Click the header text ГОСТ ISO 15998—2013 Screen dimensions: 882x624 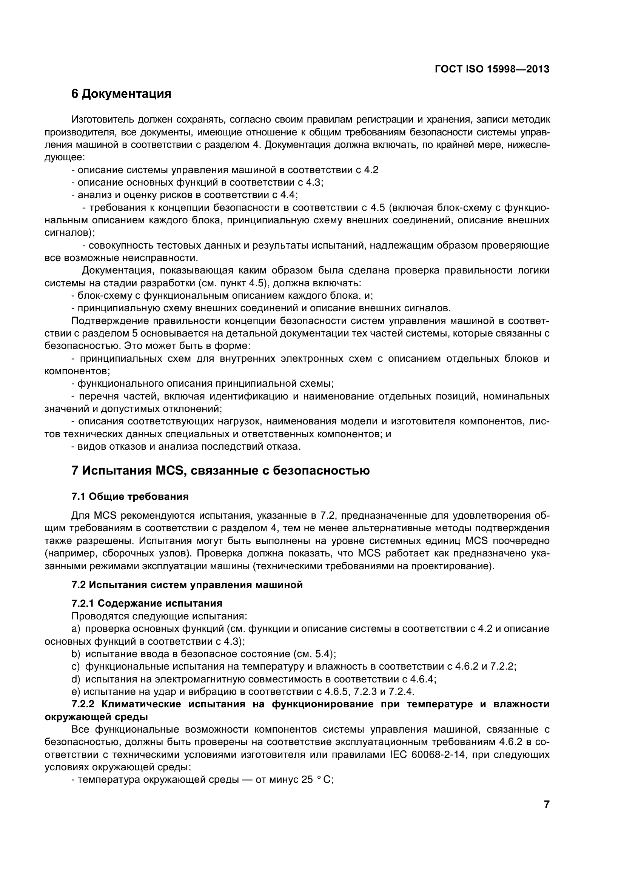coord(492,69)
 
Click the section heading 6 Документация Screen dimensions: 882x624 coord(121,94)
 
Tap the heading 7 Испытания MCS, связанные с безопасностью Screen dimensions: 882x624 coord(220,470)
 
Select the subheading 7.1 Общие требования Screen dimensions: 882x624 coord(130,497)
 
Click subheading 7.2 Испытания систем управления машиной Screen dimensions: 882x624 coord(187,585)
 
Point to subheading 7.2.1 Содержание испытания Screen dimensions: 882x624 coord(147,603)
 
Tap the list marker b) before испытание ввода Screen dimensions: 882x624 coord(76,654)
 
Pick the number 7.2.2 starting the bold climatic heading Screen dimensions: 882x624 coord(84,705)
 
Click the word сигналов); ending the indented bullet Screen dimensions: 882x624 coord(69,233)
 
